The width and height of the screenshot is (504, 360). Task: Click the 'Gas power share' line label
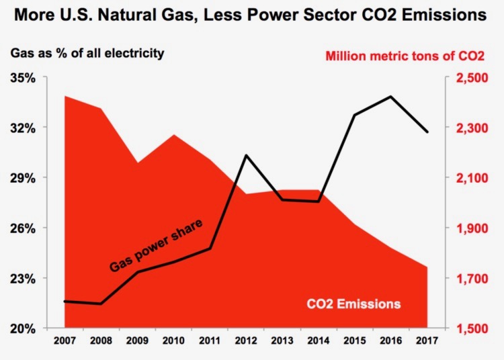pyautogui.click(x=156, y=245)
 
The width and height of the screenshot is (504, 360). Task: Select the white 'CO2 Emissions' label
pyautogui.click(x=353, y=304)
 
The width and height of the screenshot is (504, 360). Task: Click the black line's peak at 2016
pyautogui.click(x=391, y=97)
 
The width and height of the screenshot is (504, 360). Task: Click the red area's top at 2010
pyautogui.click(x=174, y=135)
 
